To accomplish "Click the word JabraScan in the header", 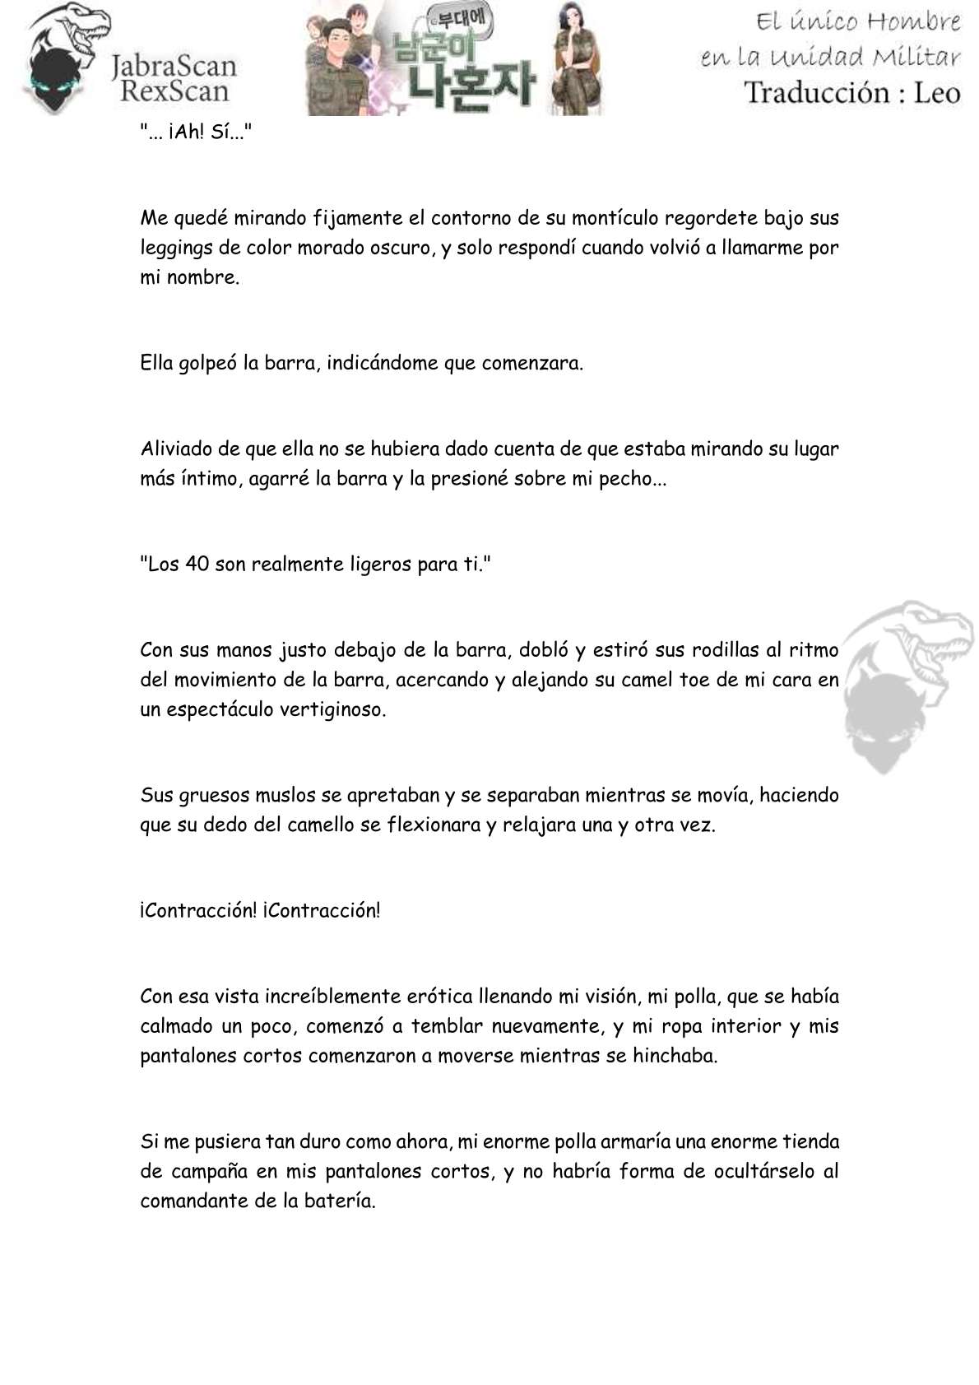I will [174, 65].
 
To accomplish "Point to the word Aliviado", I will [172, 449].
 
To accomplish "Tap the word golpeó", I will [208, 363].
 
